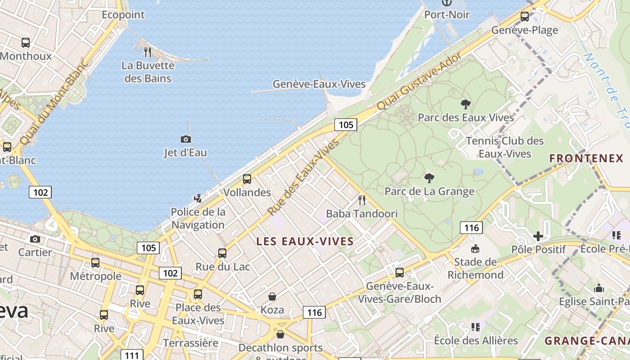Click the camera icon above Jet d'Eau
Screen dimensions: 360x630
click(x=185, y=139)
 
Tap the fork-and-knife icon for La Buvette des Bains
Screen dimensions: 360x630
click(x=147, y=52)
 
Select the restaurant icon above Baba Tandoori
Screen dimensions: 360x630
click(x=361, y=200)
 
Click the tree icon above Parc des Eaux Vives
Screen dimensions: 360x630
click(x=466, y=104)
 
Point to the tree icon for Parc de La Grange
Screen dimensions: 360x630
click(x=429, y=178)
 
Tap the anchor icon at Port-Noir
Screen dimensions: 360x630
click(x=446, y=3)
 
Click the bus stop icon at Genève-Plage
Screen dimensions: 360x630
click(x=525, y=17)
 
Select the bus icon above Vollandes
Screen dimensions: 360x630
click(x=247, y=179)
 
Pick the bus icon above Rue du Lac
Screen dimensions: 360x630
click(x=222, y=253)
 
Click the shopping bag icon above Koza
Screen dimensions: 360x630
click(x=272, y=297)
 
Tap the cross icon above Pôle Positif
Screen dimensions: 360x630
click(x=538, y=236)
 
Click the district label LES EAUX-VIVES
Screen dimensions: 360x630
click(x=305, y=242)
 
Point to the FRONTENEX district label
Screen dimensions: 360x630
click(x=586, y=158)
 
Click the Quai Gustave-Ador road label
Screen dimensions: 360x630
click(x=419, y=81)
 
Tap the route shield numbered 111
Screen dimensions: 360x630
click(x=132, y=355)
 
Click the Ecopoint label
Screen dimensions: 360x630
click(x=123, y=15)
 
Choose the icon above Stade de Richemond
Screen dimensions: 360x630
click(x=475, y=249)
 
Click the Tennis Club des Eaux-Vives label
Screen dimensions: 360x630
click(x=505, y=147)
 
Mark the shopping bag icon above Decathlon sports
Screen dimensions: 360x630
click(x=280, y=334)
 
